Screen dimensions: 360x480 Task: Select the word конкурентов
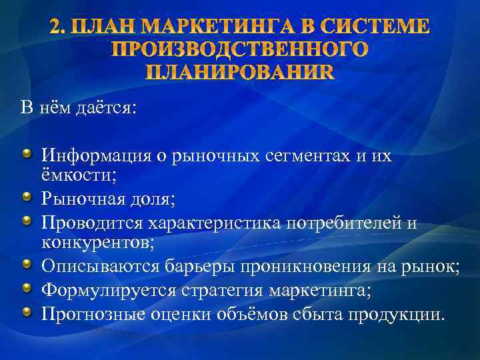point(97,242)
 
